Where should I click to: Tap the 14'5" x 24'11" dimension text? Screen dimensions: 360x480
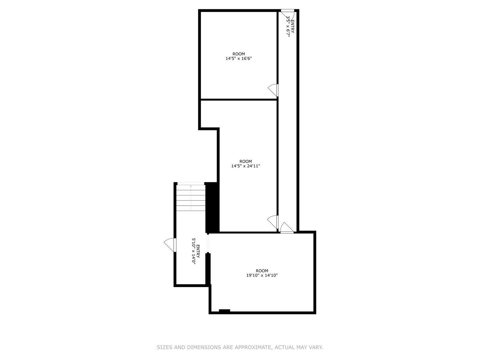click(246, 166)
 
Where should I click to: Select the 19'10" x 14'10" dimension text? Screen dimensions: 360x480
click(262, 276)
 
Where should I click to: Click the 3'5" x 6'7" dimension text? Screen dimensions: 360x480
click(288, 27)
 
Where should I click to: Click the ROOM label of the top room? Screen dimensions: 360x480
click(239, 54)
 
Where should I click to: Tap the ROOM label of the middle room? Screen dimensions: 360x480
click(246, 161)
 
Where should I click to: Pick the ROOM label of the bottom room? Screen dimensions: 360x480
click(262, 271)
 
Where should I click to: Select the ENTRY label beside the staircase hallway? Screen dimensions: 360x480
click(198, 251)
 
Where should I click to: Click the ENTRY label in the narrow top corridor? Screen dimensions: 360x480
click(292, 27)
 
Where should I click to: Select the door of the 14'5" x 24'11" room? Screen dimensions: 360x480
click(273, 222)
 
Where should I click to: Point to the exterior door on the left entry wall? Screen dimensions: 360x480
click(170, 245)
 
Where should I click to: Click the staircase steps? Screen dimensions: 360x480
click(191, 198)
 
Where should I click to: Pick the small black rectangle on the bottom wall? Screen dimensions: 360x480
click(224, 311)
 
